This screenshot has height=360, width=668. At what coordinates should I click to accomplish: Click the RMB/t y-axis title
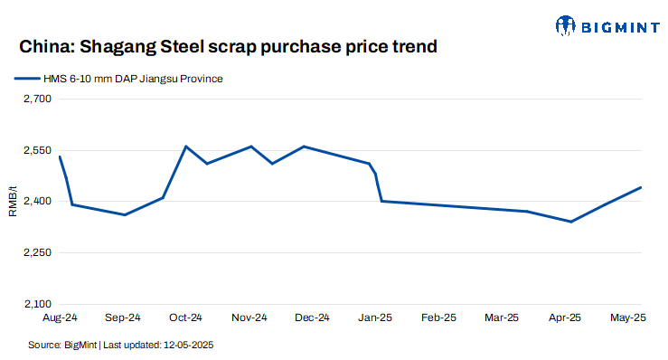(13, 201)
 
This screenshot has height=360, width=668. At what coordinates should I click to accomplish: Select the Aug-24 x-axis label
(60, 318)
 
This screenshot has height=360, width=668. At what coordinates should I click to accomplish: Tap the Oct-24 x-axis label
(185, 318)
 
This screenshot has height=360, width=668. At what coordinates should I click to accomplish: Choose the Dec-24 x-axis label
(312, 318)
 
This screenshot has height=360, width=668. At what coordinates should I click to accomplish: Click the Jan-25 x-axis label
(375, 318)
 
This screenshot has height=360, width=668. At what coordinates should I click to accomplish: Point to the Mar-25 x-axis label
(502, 318)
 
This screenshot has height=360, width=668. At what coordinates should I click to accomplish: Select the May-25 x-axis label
(627, 318)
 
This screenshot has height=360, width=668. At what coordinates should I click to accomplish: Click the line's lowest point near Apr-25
(570, 222)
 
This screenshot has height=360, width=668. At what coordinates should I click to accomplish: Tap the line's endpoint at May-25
(641, 187)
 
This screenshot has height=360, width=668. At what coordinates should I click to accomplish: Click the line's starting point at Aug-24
(60, 156)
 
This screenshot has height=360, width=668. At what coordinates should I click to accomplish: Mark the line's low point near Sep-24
(125, 215)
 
